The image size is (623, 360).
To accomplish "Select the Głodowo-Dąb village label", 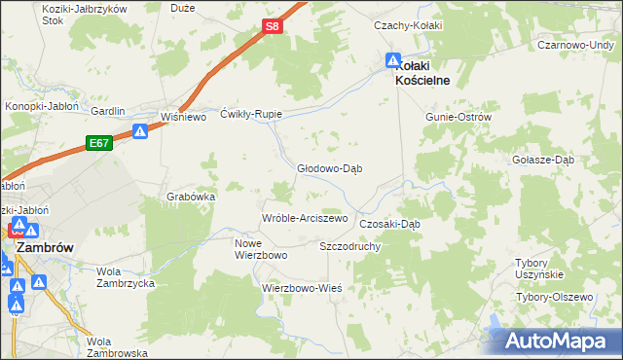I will (330, 167).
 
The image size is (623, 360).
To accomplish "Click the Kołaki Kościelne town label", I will (421, 73).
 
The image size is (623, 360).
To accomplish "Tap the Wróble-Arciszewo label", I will (305, 218).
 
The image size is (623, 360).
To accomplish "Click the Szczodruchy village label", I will (349, 246).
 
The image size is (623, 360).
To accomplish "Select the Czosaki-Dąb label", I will (389, 223).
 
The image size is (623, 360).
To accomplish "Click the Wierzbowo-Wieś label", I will (302, 288).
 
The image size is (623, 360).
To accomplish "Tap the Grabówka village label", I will (191, 196).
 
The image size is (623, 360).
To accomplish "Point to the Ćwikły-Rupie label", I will (251, 114).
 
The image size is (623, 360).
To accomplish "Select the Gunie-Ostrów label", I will (458, 117).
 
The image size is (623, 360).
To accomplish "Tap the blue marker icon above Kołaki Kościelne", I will (393, 60).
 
